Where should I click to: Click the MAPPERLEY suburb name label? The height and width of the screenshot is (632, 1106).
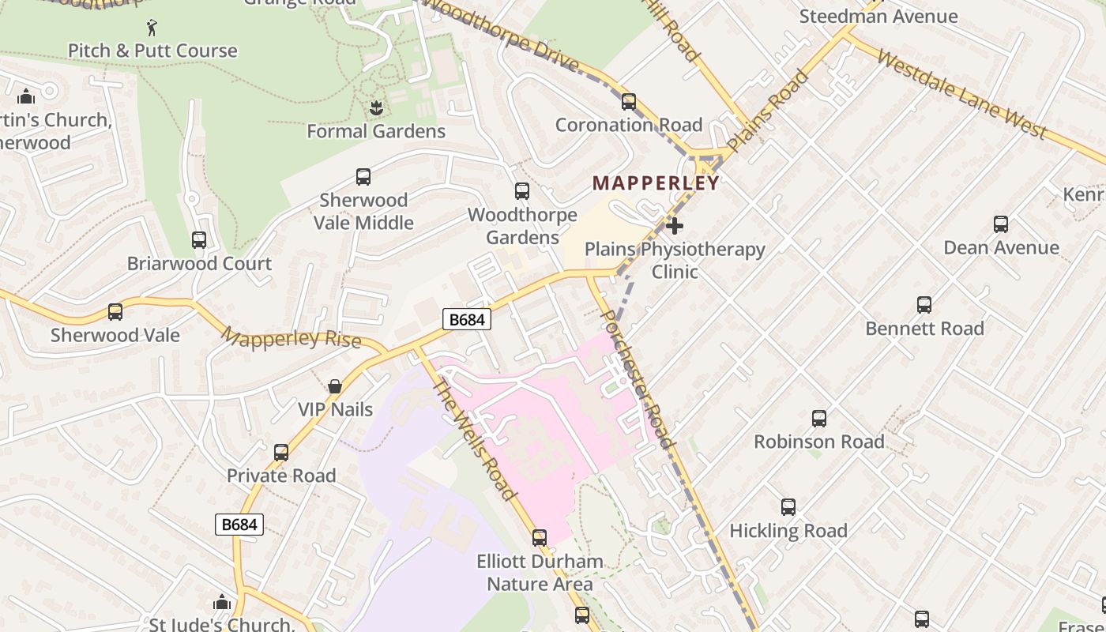click(x=656, y=183)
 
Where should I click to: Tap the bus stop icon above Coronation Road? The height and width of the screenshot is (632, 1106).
click(x=629, y=102)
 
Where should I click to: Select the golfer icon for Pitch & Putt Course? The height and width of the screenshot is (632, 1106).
click(x=152, y=28)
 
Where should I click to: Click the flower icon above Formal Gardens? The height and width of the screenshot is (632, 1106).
click(x=376, y=107)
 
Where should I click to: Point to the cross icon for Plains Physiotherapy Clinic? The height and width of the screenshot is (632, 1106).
click(x=674, y=227)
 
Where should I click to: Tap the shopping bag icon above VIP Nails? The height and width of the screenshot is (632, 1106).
click(x=335, y=386)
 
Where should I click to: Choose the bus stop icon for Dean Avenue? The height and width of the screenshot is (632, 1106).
click(x=1001, y=224)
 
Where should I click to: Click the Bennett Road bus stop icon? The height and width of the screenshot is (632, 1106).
click(x=924, y=305)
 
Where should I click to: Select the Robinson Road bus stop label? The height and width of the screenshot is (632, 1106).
click(x=818, y=442)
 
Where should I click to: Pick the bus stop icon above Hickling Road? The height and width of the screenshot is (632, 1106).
click(x=788, y=507)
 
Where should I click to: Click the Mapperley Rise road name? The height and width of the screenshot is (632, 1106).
click(x=291, y=339)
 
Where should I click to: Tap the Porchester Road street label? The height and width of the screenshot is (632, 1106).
click(x=638, y=379)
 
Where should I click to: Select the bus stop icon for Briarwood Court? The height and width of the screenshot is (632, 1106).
click(x=199, y=240)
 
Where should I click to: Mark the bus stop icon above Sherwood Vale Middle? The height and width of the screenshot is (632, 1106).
click(x=363, y=177)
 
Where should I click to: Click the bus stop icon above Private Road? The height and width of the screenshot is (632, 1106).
click(x=281, y=453)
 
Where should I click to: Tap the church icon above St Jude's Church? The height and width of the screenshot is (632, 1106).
click(x=222, y=603)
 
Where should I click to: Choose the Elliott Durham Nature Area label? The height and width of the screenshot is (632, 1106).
click(x=540, y=573)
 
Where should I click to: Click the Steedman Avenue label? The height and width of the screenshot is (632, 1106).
click(x=878, y=16)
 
